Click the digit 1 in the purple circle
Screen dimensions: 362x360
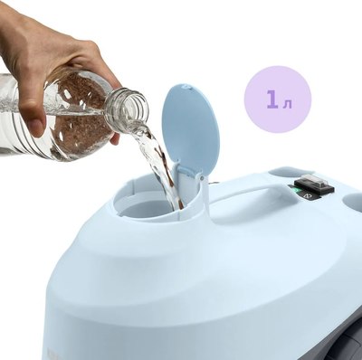click(272, 99)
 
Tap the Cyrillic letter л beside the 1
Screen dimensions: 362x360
click(288, 103)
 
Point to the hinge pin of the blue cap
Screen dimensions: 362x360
click(202, 178)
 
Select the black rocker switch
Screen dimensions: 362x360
click(315, 185)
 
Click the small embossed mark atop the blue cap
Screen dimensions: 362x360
click(185, 87)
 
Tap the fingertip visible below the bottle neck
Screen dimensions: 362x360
click(115, 139)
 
